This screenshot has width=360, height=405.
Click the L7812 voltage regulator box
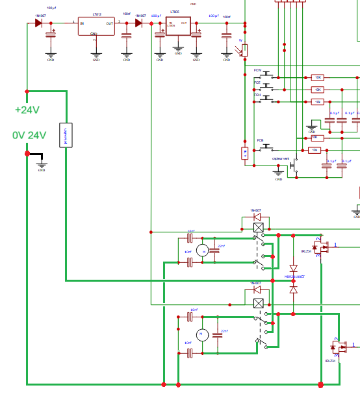96,26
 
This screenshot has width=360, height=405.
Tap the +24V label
27,110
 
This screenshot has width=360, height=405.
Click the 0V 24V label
29,135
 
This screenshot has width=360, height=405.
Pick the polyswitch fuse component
66,135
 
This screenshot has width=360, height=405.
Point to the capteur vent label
281,158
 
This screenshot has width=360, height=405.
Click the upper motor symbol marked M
202,251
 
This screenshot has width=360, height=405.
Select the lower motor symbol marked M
202,334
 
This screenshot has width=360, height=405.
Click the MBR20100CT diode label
294,276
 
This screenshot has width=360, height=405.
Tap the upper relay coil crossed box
259,227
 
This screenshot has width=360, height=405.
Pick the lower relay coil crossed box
259,302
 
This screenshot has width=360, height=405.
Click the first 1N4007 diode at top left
38,23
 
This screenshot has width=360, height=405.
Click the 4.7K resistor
244,153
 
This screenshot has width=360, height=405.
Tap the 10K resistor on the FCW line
317,77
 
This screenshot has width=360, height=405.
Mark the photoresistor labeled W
244,49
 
